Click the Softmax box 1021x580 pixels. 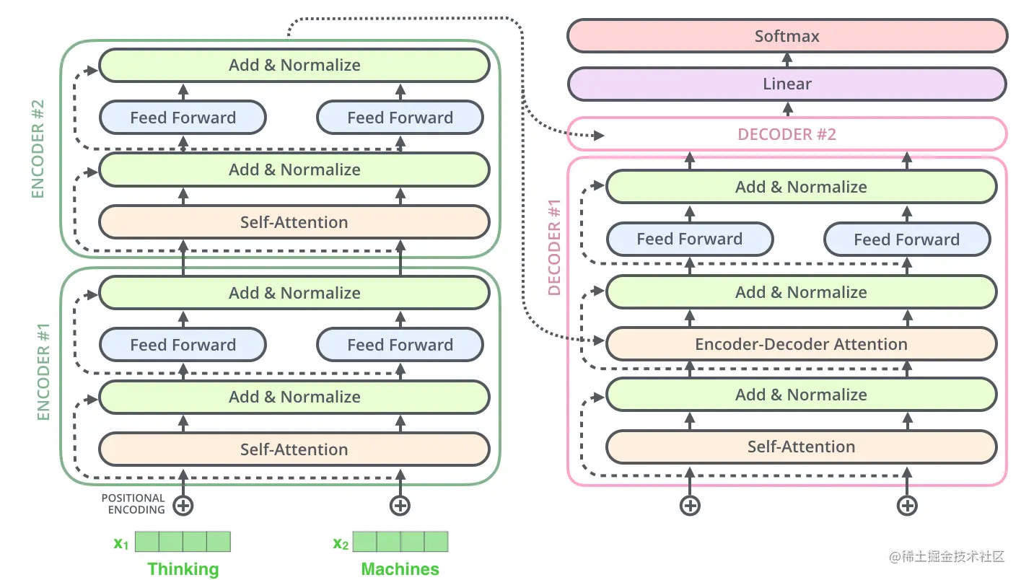(786, 36)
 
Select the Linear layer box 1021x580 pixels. (786, 84)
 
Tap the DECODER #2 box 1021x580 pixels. (786, 134)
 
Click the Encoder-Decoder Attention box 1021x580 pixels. (801, 344)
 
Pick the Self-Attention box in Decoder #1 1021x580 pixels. (801, 447)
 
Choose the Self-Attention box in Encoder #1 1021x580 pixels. (294, 449)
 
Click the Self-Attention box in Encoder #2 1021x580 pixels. (294, 222)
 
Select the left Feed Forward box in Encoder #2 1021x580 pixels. (183, 118)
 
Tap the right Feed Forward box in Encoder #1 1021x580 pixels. (400, 345)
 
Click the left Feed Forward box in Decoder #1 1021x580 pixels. (689, 239)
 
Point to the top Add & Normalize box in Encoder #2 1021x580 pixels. (294, 65)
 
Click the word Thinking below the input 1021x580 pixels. (183, 569)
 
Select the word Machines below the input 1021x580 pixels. (400, 569)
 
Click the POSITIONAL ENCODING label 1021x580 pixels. (133, 504)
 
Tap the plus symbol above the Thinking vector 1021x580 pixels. (183, 505)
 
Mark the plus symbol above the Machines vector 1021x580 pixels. (400, 505)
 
